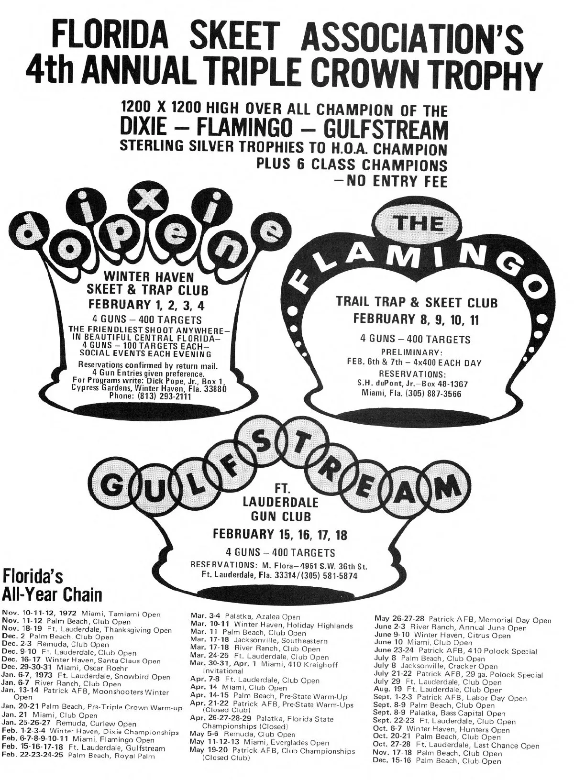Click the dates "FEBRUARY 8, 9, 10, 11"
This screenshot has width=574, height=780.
pos(416,319)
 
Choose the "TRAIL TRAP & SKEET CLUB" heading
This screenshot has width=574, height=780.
pos(417,303)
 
